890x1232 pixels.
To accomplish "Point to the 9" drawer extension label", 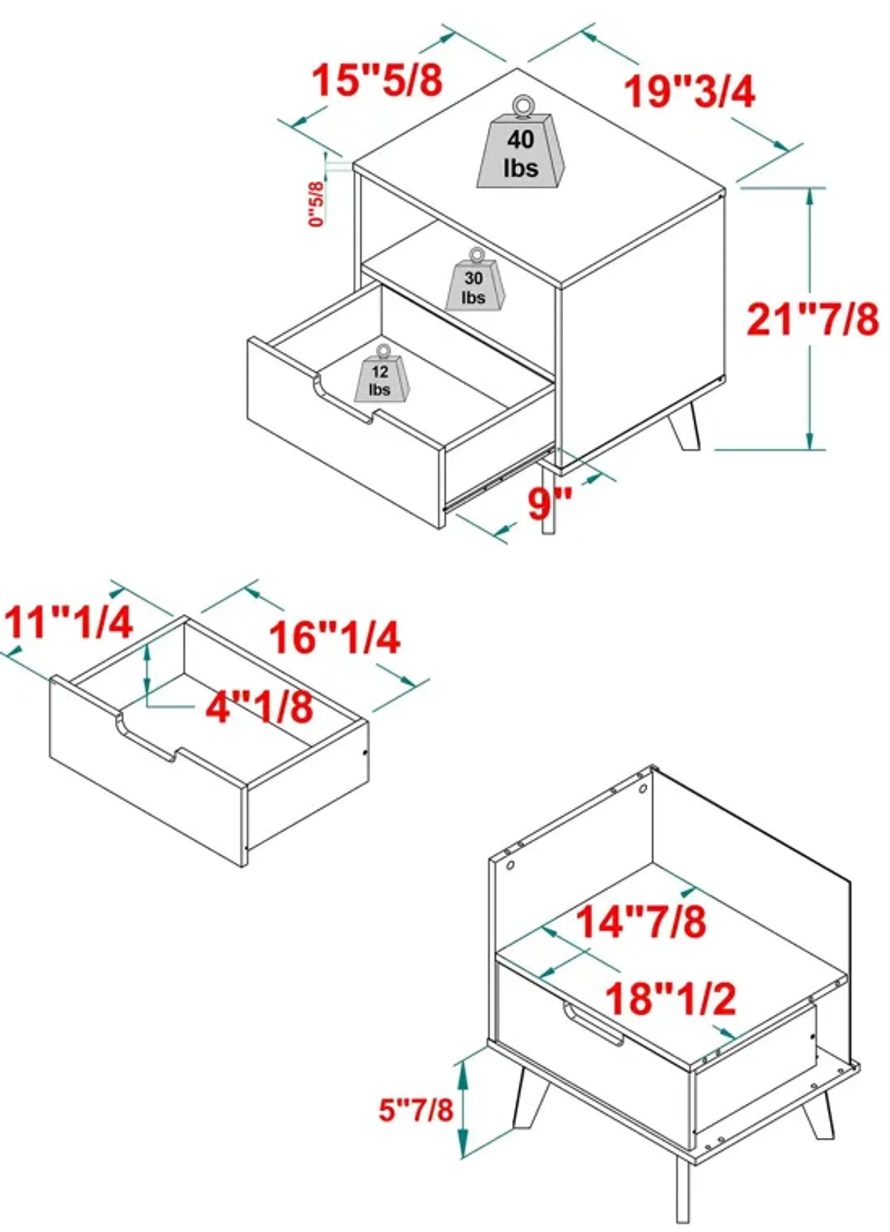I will pos(550,504).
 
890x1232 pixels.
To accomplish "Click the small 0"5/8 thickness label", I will pos(317,204).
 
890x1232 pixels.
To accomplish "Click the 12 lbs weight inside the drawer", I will pos(381,381).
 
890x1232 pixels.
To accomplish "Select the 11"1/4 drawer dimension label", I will pos(69,622).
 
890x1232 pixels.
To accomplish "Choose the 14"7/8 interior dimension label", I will pos(641,921).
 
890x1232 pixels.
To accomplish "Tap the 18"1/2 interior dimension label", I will pos(671,998).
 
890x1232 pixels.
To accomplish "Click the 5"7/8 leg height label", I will pos(415,1109).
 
